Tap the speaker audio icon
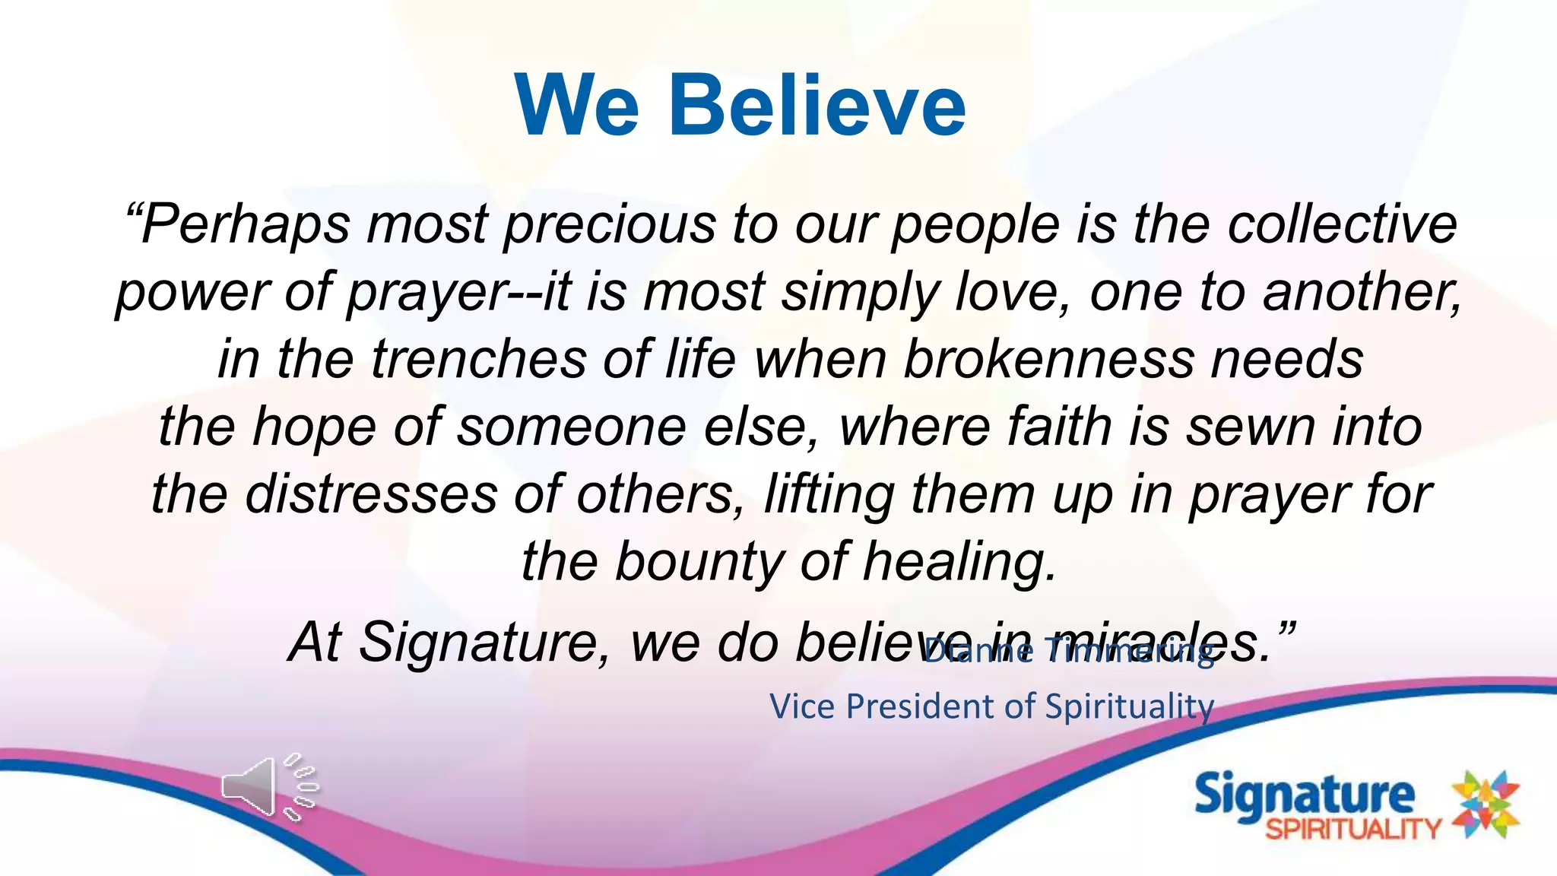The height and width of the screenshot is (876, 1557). (268, 788)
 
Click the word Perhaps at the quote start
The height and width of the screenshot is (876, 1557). (237, 225)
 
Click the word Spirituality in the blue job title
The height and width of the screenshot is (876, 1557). (1129, 706)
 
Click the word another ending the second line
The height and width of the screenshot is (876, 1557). (1361, 292)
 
